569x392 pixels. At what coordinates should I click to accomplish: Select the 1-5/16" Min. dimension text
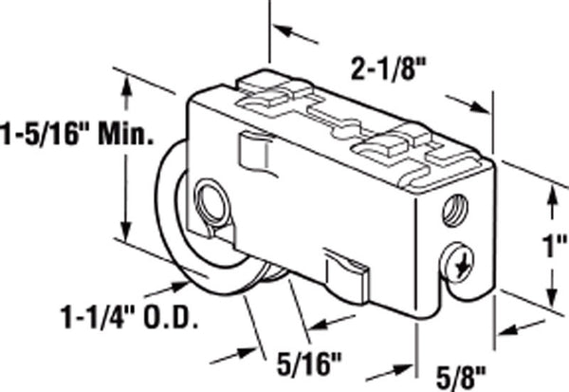pyautogui.click(x=78, y=134)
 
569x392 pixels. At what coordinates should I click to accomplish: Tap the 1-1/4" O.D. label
pyautogui.click(x=129, y=317)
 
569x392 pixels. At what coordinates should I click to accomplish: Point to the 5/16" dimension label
pyautogui.click(x=309, y=364)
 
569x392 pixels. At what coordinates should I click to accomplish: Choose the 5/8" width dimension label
pyautogui.click(x=461, y=378)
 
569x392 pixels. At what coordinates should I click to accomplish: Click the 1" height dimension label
pyautogui.click(x=555, y=246)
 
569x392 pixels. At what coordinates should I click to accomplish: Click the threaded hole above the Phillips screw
pyautogui.click(x=456, y=211)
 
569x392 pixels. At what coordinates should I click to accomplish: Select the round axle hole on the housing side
pyautogui.click(x=211, y=206)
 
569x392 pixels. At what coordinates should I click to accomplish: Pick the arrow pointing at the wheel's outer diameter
pyautogui.click(x=166, y=289)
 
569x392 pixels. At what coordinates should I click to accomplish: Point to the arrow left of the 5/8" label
pyautogui.click(x=388, y=372)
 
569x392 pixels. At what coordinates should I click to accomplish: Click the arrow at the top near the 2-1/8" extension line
pyautogui.click(x=295, y=33)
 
